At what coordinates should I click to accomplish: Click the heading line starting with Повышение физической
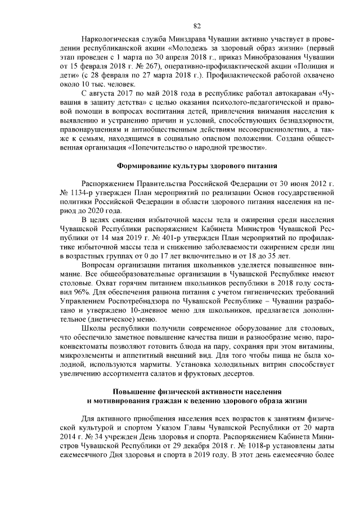197,391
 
